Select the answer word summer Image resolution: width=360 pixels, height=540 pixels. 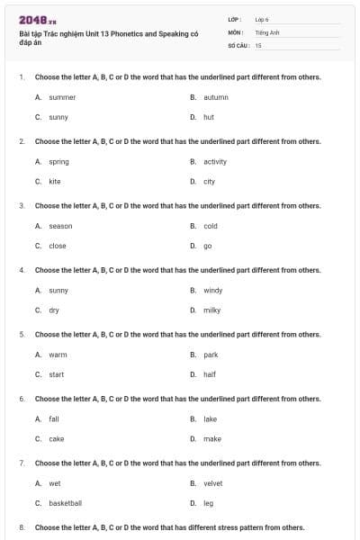click(x=62, y=96)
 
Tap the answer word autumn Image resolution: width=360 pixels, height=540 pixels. click(x=216, y=96)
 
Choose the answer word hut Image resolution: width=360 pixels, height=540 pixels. click(x=209, y=117)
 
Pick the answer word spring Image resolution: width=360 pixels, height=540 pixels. click(x=58, y=161)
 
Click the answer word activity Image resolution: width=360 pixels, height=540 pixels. click(x=215, y=161)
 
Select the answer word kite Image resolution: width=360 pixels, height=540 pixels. click(x=55, y=181)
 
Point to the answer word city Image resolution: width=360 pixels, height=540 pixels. click(x=209, y=181)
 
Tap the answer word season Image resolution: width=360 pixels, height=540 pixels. click(x=60, y=226)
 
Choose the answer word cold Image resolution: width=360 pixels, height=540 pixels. click(x=211, y=226)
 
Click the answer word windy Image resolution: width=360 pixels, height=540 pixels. click(x=212, y=290)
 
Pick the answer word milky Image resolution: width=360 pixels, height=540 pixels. click(x=211, y=310)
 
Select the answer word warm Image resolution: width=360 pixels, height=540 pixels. click(x=58, y=355)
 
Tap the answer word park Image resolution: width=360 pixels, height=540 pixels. click(x=211, y=355)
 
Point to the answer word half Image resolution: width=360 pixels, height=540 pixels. click(x=210, y=374)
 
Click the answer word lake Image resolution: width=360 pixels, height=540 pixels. click(x=211, y=418)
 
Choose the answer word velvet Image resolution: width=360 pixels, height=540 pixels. click(x=213, y=483)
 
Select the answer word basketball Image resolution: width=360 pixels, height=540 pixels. click(x=65, y=503)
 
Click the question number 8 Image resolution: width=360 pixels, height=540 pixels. click(x=22, y=527)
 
